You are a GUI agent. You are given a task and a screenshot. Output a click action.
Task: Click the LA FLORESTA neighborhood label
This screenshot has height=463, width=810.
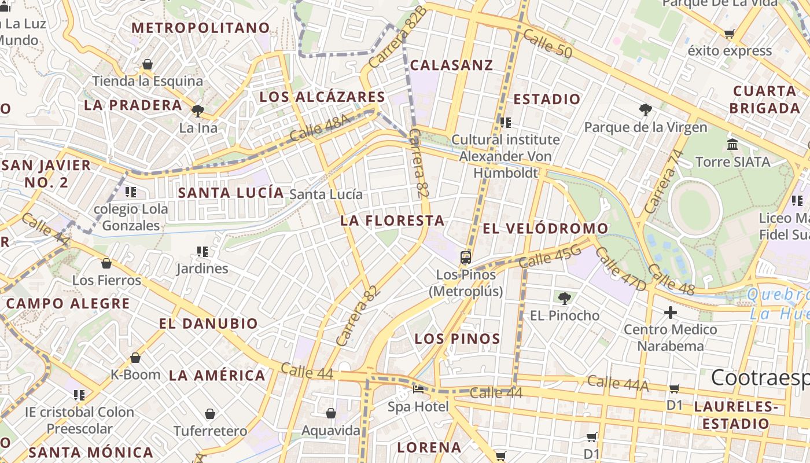coord(392,221)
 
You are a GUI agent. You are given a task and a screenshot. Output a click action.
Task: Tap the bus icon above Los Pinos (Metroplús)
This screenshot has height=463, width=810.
coord(466,257)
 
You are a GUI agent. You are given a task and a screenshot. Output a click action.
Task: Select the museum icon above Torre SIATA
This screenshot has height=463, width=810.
coord(732,144)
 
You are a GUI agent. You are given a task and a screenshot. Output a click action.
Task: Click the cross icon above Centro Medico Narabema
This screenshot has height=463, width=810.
coord(671,313)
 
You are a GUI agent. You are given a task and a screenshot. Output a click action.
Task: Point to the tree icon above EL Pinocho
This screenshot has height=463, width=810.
coord(565,299)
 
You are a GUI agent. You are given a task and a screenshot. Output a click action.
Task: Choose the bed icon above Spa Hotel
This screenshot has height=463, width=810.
coord(418,389)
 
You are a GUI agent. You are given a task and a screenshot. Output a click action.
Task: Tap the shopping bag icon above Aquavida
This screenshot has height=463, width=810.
coord(331,413)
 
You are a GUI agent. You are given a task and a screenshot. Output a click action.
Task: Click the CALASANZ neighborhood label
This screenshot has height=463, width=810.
coord(451,65)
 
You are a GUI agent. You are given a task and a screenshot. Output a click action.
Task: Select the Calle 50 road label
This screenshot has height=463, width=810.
coord(547,44)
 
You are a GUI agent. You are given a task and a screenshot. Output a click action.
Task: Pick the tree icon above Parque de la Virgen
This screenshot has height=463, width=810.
coord(646,109)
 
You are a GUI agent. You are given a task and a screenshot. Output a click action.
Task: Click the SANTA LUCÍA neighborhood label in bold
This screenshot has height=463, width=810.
coord(231,193)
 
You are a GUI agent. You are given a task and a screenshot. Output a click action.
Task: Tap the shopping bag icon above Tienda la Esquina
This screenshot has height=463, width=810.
coord(148,64)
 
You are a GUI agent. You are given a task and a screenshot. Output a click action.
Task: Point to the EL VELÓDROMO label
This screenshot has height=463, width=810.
coord(545,229)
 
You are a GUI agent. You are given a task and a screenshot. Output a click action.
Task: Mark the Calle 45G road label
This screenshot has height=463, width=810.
coord(550,256)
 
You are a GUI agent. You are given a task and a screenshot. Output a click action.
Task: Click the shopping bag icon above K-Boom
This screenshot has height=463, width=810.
coord(135,358)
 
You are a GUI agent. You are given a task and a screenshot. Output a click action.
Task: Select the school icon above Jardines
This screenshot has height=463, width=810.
coord(203,251)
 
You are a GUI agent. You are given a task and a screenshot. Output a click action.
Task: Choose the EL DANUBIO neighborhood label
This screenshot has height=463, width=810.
coord(208,324)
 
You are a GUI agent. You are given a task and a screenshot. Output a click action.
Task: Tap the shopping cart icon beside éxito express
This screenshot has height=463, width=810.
coord(730,34)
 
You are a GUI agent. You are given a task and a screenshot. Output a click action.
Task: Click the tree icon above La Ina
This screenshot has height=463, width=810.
coord(198,110)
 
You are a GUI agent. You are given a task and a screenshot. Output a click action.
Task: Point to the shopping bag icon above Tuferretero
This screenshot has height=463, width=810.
coord(210,414)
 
